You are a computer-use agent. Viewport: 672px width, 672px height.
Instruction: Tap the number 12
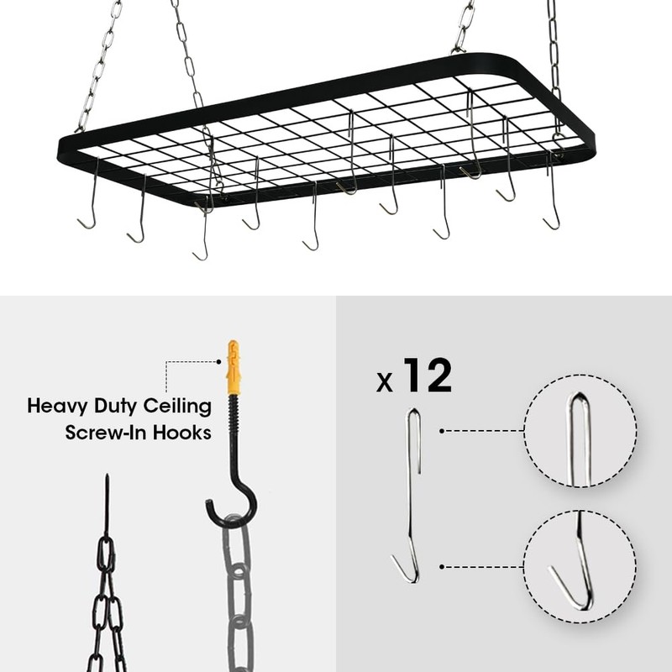427,375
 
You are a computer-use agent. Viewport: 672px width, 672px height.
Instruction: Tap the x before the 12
385,382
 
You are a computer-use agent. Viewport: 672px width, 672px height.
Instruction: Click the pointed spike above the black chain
107,504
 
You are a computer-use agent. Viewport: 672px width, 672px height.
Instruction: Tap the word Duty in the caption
120,407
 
